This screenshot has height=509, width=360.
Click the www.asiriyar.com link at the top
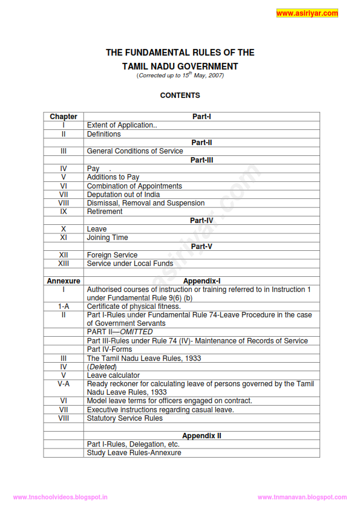(307, 13)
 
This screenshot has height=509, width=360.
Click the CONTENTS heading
(180, 96)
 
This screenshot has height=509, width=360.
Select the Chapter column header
(64, 117)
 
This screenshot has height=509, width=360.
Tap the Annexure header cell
(64, 281)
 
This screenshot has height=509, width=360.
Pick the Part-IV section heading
(201, 221)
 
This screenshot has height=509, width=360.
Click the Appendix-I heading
(201, 281)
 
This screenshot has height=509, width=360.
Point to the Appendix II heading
(201, 436)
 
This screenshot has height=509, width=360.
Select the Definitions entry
(103, 134)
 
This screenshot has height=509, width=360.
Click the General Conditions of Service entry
(135, 151)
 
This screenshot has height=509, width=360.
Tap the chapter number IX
(64, 212)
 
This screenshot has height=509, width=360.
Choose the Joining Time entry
(107, 238)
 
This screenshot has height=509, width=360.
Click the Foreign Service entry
(112, 255)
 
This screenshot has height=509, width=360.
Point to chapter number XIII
(64, 264)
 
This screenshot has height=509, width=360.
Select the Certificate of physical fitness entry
(134, 306)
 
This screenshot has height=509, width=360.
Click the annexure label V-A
(64, 384)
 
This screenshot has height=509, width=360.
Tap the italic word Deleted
(102, 367)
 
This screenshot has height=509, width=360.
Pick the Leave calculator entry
(113, 375)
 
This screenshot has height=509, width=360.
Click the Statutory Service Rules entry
(125, 418)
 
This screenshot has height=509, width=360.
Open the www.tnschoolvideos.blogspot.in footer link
(60, 497)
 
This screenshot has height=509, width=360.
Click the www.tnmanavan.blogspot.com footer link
(303, 497)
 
